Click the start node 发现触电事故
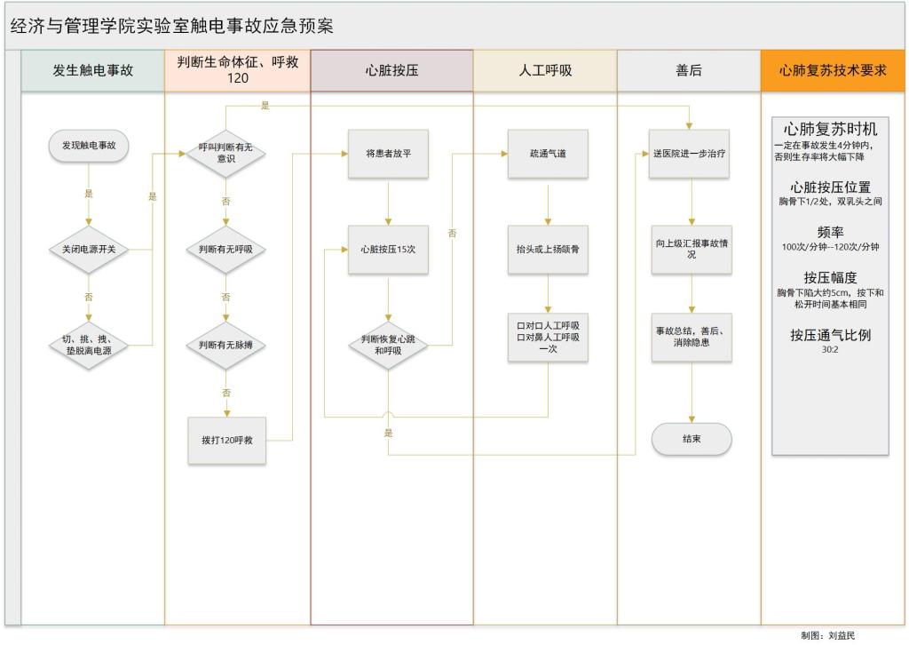[x=89, y=146]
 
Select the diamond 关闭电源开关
[x=89, y=250]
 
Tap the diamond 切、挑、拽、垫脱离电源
[x=89, y=345]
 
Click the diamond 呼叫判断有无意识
[x=225, y=154]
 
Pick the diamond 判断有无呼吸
[x=225, y=250]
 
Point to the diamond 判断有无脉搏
[x=225, y=345]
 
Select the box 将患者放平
[x=388, y=154]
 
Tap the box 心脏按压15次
[x=388, y=250]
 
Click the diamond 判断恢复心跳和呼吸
[x=388, y=345]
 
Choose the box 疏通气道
[x=548, y=154]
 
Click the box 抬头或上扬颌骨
[x=548, y=250]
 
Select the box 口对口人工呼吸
[x=548, y=337]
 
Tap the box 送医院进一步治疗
[x=691, y=154]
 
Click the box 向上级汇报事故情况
[x=691, y=249]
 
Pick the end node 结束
[x=692, y=440]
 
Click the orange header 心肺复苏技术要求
[x=833, y=71]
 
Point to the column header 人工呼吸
[x=545, y=71]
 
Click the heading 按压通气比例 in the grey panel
[x=831, y=336]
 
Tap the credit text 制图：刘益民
[x=828, y=636]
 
